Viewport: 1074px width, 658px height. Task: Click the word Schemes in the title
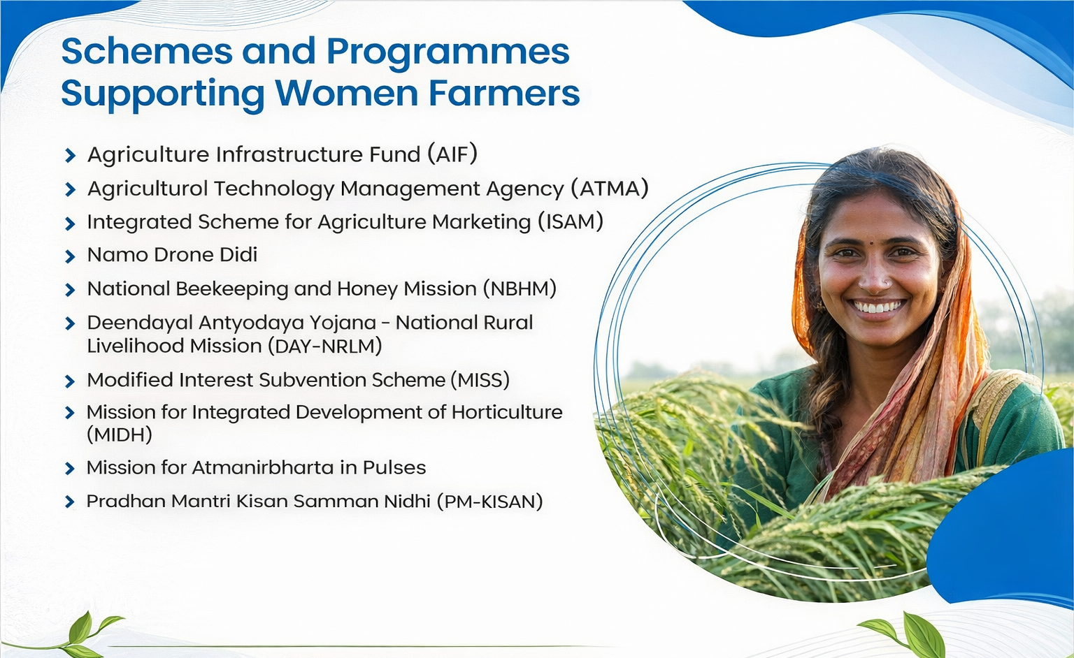[x=148, y=51]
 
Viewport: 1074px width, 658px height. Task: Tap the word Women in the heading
[x=347, y=93]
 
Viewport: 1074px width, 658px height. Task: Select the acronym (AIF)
[x=452, y=154]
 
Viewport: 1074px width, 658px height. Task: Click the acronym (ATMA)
[x=609, y=188]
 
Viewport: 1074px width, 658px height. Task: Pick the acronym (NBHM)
[x=520, y=288]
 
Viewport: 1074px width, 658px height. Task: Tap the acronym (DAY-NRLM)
[x=324, y=346]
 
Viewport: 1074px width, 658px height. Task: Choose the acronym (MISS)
[x=480, y=380]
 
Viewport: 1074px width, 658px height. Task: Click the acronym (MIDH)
[x=120, y=435]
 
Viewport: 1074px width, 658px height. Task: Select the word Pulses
[x=394, y=467]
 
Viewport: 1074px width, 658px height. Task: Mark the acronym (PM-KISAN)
[x=489, y=502]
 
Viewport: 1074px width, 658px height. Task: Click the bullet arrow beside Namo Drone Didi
[x=70, y=256]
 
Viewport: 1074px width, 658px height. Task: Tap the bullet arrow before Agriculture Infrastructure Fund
[x=70, y=156]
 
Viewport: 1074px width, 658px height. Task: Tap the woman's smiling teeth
[x=877, y=307]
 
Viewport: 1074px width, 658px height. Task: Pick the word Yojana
[x=342, y=323]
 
